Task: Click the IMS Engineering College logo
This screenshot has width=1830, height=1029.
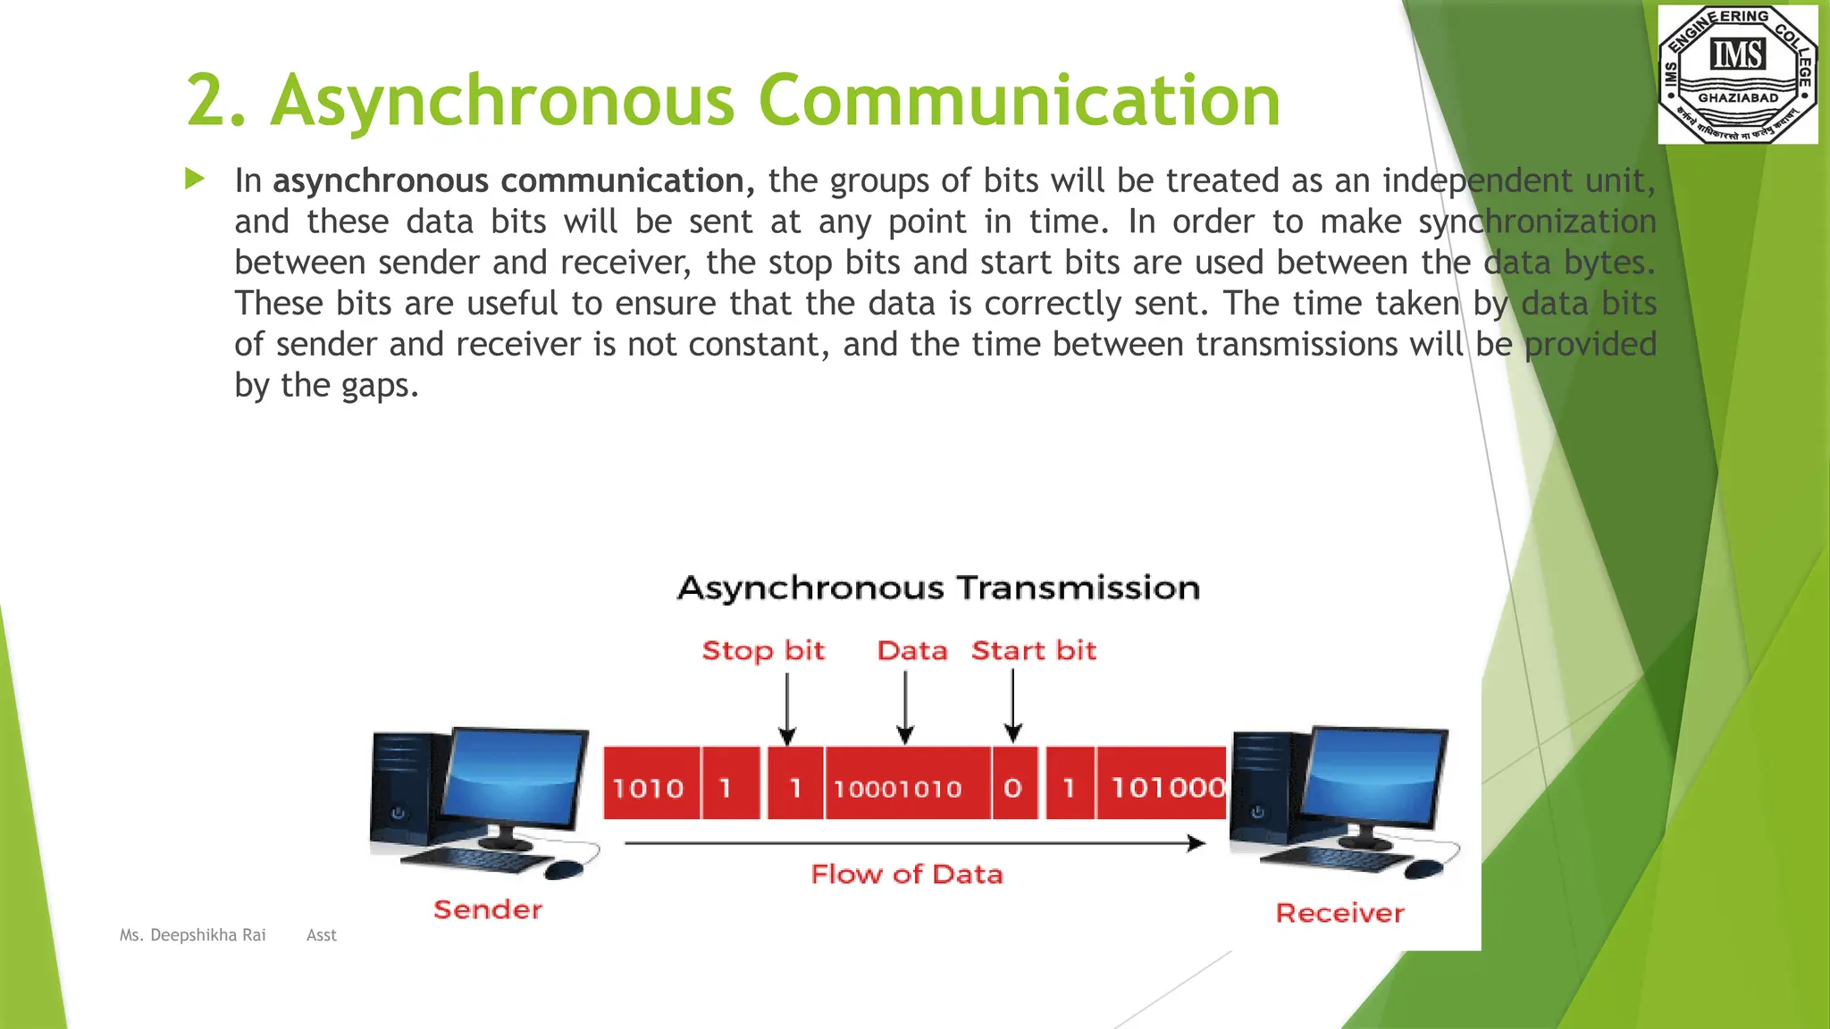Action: point(1737,74)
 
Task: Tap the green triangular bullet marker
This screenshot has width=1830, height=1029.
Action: point(194,179)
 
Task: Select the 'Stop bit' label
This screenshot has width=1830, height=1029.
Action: point(763,650)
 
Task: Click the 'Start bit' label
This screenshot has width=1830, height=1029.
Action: point(1033,650)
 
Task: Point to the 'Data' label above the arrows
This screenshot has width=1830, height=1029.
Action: point(911,650)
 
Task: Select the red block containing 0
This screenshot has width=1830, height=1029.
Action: point(1013,784)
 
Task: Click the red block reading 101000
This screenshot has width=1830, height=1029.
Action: point(1163,784)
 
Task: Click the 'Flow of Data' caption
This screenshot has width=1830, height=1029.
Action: point(906,874)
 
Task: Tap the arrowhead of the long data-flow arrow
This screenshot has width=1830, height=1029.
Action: point(1196,843)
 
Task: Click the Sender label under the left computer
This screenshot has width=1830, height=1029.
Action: point(488,909)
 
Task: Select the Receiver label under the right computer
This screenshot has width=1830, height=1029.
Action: point(1339,913)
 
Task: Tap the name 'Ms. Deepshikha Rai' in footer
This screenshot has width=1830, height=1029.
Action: point(193,935)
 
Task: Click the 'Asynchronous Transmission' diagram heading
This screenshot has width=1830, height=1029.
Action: point(938,588)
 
